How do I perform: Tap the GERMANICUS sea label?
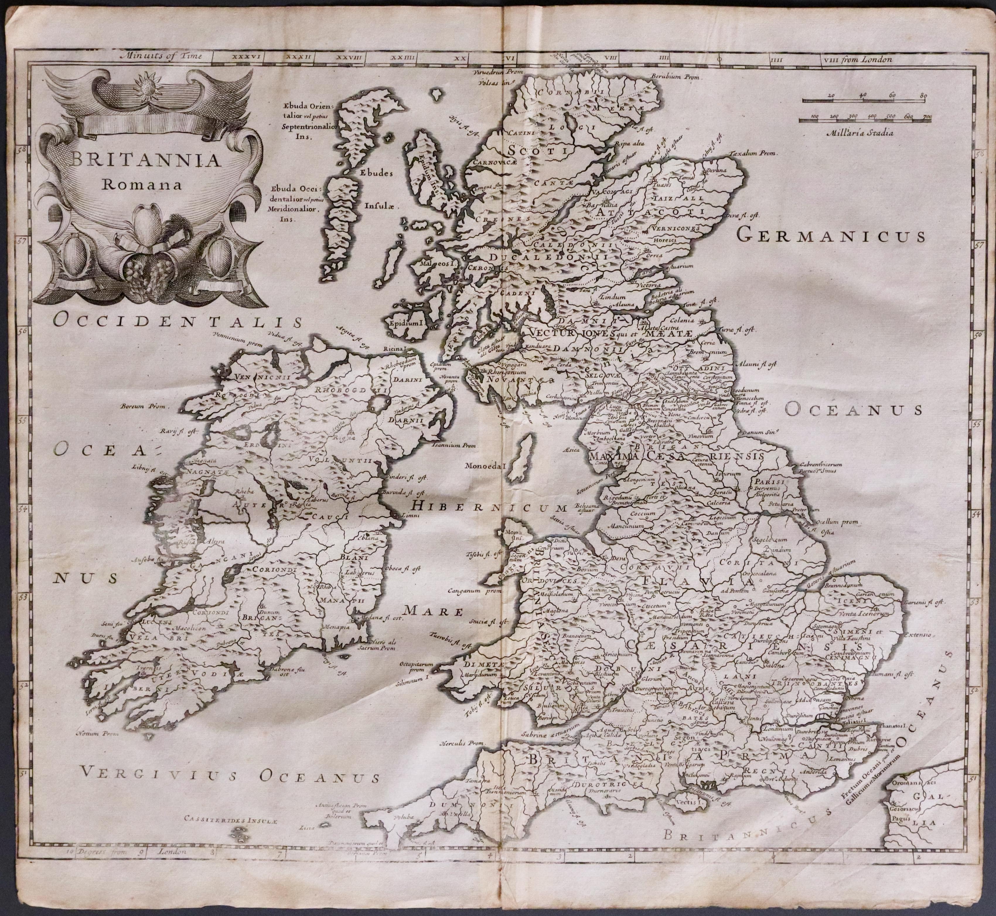point(830,236)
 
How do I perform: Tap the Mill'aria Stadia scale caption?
point(860,133)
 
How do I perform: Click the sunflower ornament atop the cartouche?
point(148,85)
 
